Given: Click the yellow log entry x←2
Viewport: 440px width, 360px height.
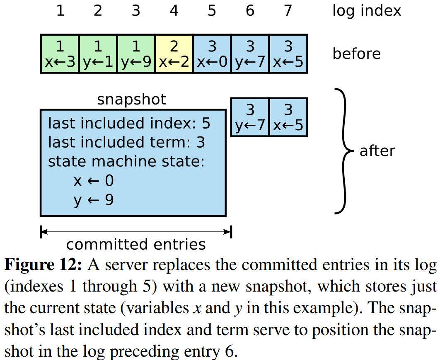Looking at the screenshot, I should [x=174, y=54].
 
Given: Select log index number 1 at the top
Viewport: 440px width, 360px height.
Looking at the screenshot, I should [x=60, y=11].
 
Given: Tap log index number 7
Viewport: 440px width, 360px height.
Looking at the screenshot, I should [x=288, y=11].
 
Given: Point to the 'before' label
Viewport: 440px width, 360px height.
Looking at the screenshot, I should [x=356, y=54].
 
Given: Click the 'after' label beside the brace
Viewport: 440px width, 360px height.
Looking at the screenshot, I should [x=377, y=151].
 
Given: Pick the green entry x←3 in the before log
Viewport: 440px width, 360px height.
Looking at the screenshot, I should [x=60, y=54].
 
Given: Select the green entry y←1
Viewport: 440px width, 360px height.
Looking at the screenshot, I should [x=98, y=54].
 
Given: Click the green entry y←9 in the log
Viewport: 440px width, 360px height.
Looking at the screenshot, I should [x=136, y=54].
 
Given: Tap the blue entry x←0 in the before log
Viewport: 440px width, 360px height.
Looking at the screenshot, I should [x=212, y=54].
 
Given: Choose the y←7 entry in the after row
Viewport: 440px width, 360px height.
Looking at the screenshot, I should [x=250, y=117].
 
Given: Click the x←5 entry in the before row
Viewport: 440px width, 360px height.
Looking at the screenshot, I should [x=288, y=54].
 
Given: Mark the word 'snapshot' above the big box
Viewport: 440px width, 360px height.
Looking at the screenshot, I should [x=131, y=100].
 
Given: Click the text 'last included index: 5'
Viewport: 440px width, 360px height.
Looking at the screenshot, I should [x=129, y=124].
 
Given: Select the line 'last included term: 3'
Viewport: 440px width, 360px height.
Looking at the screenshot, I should [x=126, y=143].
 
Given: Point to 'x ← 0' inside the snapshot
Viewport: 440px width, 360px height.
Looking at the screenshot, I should [x=93, y=181].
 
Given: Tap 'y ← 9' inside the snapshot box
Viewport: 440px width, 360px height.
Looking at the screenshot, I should [x=93, y=200].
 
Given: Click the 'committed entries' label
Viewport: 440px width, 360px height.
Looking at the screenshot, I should [x=136, y=244].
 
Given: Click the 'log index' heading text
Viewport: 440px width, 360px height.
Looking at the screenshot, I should [x=367, y=11].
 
